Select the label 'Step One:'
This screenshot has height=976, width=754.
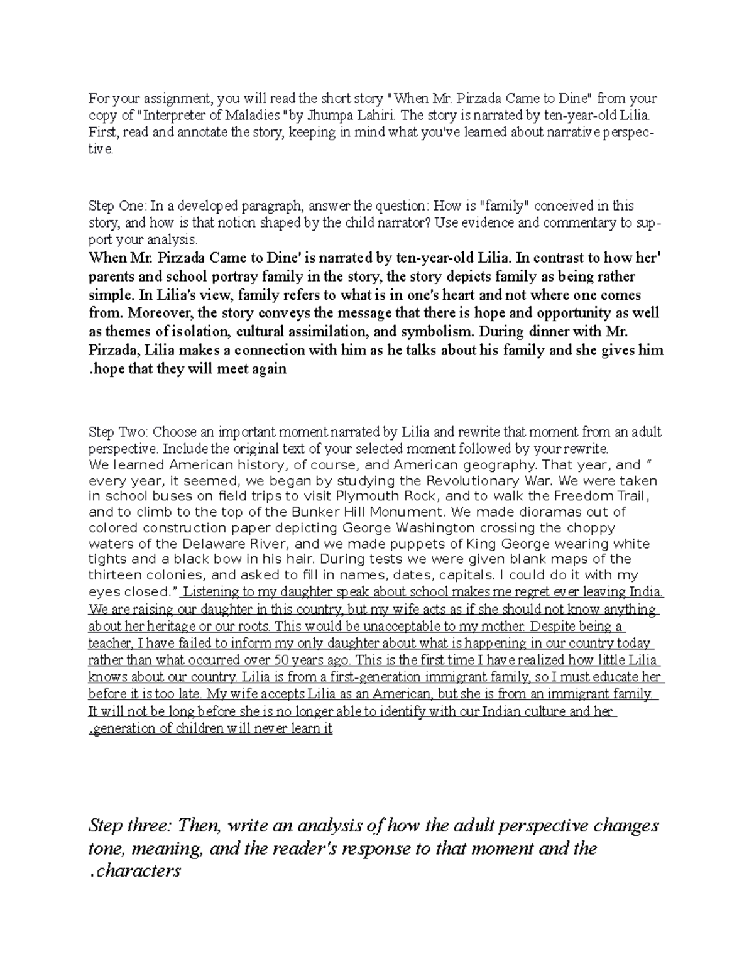point(110,206)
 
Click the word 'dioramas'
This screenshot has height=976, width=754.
point(559,512)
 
